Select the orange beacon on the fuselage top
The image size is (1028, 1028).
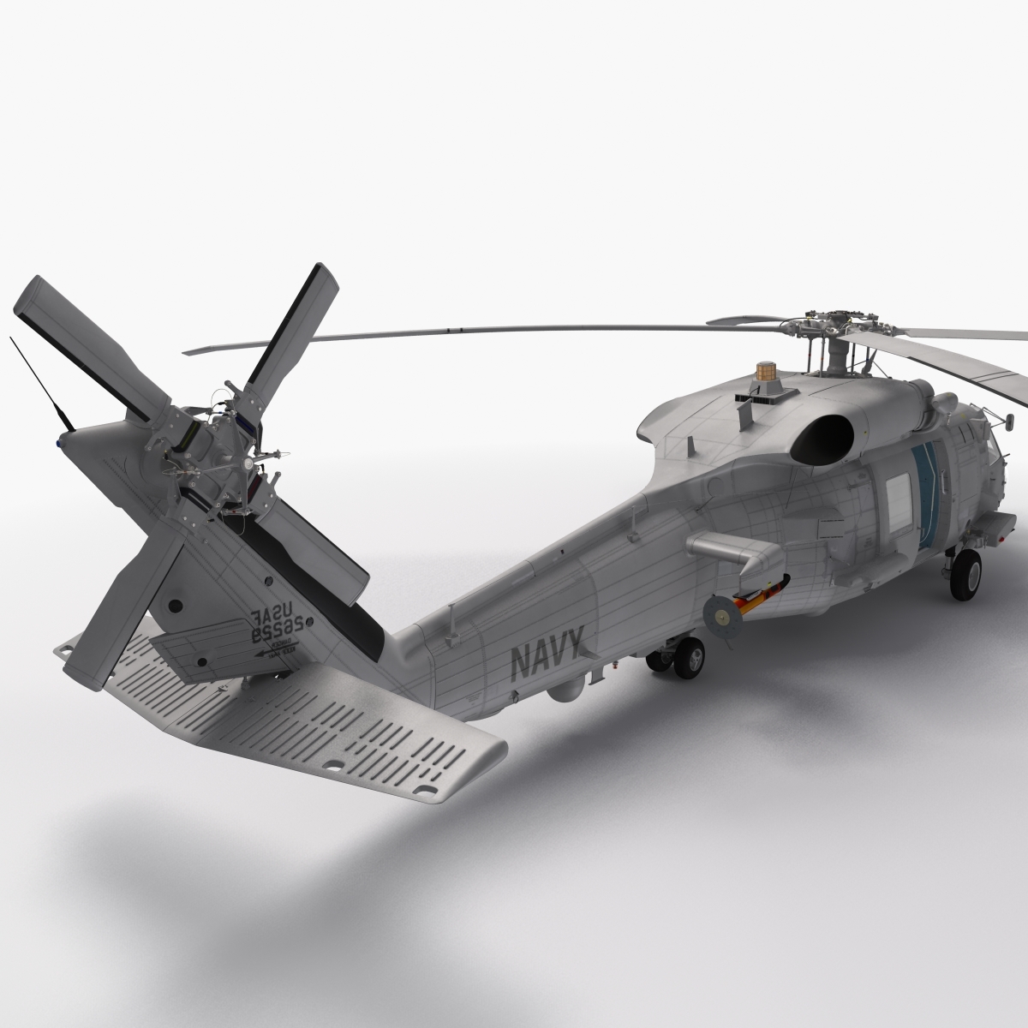tap(764, 374)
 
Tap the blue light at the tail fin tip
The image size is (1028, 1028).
tap(59, 443)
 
